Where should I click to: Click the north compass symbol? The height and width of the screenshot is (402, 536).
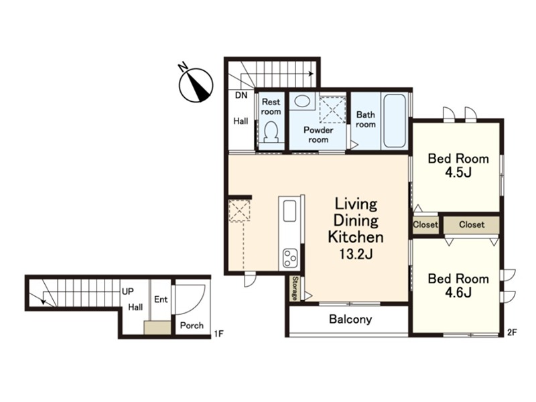pos(196,84)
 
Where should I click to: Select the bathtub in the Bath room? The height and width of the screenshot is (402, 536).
pos(394,121)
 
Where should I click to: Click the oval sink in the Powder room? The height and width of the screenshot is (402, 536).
pos(301,101)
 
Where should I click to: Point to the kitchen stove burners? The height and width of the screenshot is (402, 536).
pos(290,258)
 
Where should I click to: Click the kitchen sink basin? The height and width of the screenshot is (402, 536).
pos(289,211)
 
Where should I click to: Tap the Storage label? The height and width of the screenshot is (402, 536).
pos(295,289)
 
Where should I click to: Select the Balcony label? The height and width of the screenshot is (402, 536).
pos(350,320)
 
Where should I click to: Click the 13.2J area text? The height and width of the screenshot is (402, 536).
pos(356,254)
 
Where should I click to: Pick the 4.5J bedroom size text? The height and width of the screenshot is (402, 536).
pos(458,173)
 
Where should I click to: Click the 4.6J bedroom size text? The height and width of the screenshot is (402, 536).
pos(458,293)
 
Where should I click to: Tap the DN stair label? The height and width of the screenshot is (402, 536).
pos(241,95)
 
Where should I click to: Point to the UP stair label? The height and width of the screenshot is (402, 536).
pos(128,291)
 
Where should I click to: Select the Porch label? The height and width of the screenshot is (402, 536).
pos(192,326)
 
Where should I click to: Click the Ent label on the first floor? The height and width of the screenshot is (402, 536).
pos(161,299)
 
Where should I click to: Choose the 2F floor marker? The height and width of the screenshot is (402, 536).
pos(512,332)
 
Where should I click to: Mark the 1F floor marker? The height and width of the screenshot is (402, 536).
pos(219,334)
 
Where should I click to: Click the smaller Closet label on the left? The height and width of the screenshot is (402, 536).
pos(425,224)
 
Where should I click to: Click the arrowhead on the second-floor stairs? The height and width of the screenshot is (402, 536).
pos(311,74)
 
